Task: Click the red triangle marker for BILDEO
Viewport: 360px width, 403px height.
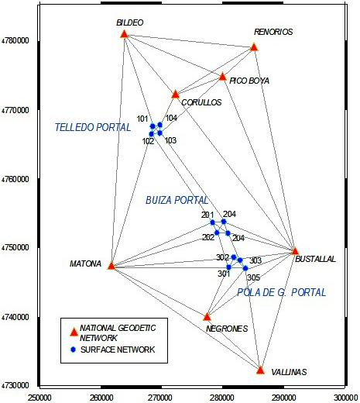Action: (125, 34)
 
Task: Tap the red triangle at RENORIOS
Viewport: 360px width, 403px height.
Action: (254, 47)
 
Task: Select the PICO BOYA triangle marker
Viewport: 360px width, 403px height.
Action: (222, 77)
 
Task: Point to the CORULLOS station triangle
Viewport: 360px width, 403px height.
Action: (175, 95)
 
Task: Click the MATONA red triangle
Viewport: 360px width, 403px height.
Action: (111, 265)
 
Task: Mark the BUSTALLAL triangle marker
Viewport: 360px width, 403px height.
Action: (295, 250)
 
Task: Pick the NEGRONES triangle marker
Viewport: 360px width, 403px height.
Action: (207, 316)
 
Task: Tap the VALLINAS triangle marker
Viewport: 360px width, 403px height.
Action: (260, 370)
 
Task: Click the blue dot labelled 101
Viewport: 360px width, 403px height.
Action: (153, 126)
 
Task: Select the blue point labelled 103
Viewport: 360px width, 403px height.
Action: (160, 133)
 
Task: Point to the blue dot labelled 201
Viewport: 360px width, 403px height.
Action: (212, 222)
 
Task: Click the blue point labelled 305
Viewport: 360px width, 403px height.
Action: (245, 268)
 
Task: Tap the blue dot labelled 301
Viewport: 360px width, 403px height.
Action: (228, 267)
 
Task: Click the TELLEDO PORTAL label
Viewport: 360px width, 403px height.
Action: (93, 127)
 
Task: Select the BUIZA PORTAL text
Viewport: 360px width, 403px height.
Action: (177, 200)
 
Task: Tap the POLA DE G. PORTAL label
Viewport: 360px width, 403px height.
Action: (282, 292)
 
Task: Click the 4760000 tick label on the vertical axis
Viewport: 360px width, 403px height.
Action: (15, 179)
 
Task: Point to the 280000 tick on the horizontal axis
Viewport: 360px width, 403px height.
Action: (222, 398)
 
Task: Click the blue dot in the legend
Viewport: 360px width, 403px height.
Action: (74, 350)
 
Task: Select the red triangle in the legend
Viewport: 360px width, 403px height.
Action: (74, 332)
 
